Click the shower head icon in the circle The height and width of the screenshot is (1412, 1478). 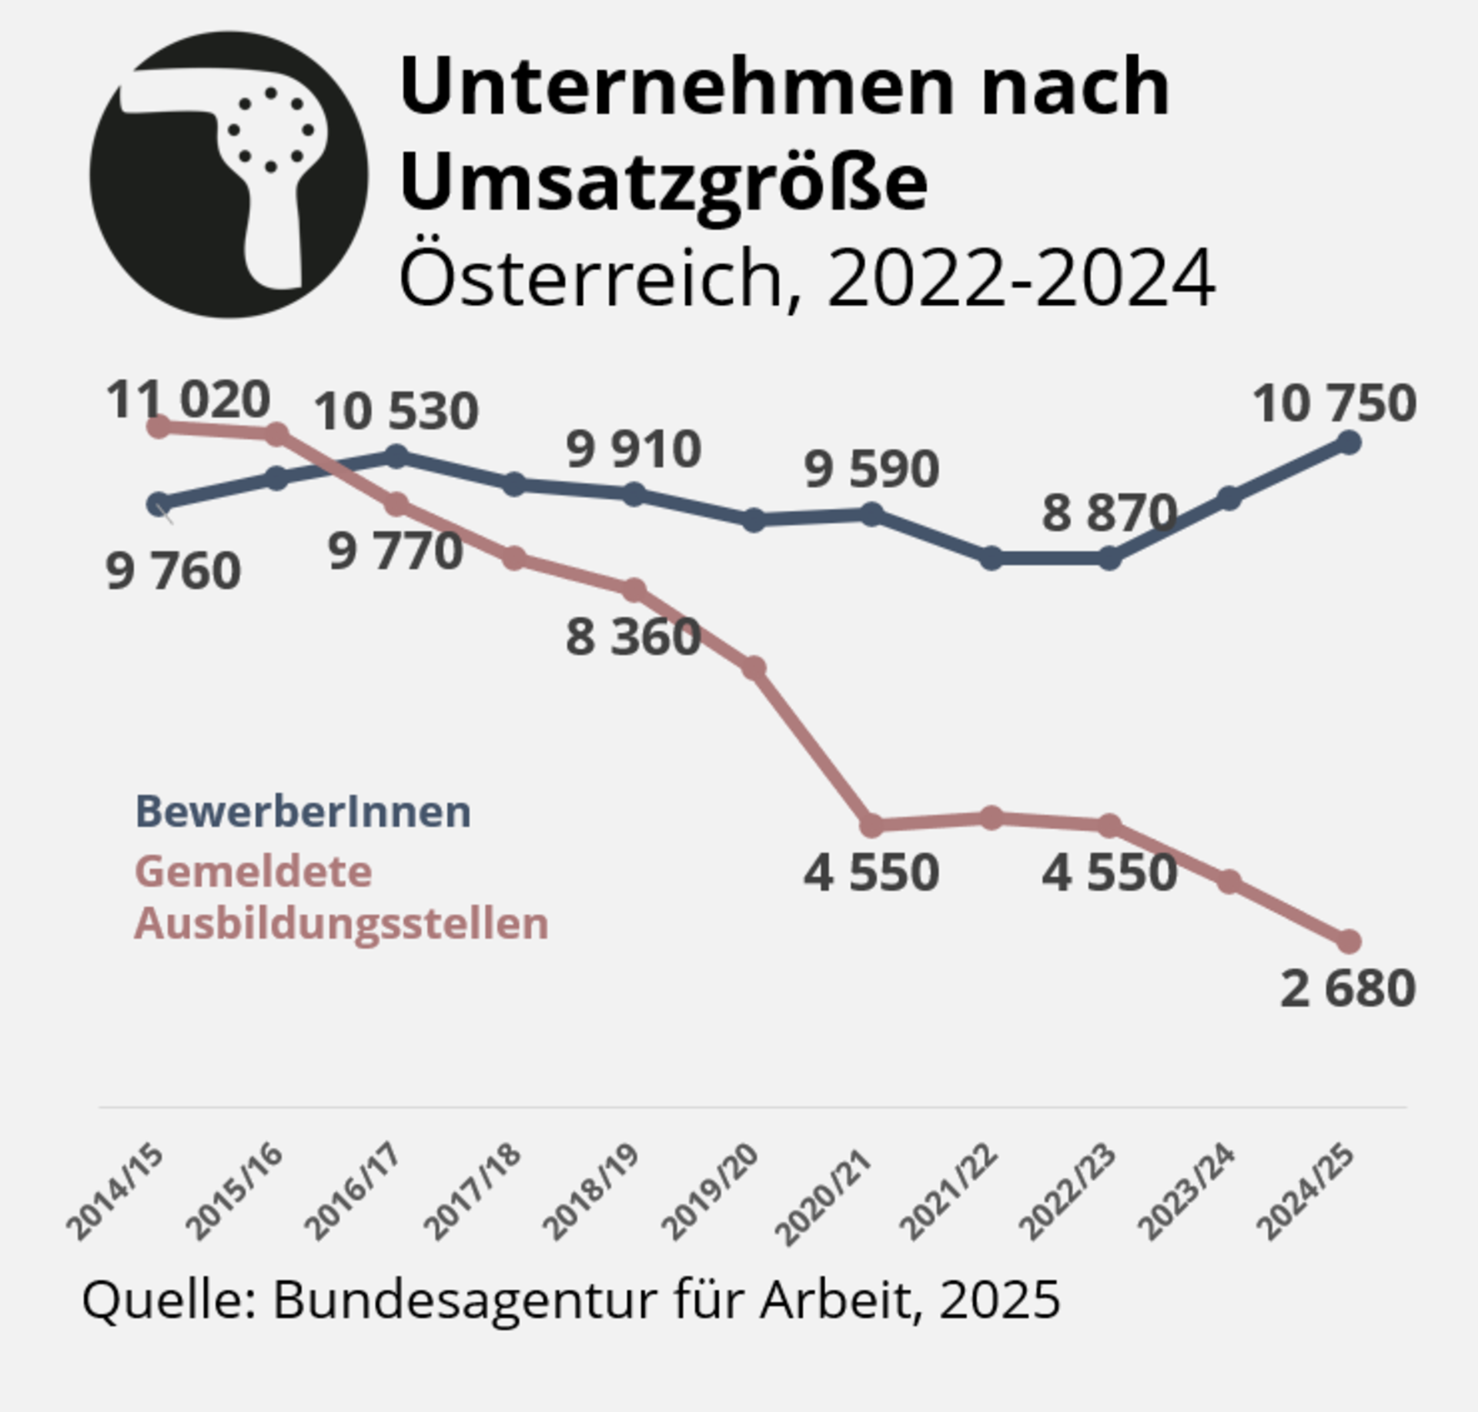click(229, 175)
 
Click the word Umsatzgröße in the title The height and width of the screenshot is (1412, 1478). click(663, 182)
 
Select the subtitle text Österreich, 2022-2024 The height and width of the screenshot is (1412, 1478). click(806, 278)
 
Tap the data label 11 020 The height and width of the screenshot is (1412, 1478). click(188, 400)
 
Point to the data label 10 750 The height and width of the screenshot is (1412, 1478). click(1334, 403)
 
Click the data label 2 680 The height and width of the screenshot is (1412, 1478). click(1347, 988)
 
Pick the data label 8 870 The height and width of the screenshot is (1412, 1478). click(1108, 513)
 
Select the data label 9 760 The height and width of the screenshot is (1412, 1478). click(173, 571)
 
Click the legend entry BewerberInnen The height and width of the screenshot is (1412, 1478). click(303, 811)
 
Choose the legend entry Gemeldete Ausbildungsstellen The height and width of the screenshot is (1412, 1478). click(341, 898)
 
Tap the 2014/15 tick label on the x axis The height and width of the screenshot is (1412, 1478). click(116, 1192)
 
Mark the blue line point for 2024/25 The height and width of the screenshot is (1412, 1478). click(1349, 443)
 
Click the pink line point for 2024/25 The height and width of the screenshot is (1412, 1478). click(1349, 941)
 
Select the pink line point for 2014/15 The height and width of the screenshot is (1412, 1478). click(159, 427)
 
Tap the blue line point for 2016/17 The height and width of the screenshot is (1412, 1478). click(396, 456)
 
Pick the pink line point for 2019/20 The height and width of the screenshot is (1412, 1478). click(754, 668)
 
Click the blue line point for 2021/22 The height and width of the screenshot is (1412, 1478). click(991, 558)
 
